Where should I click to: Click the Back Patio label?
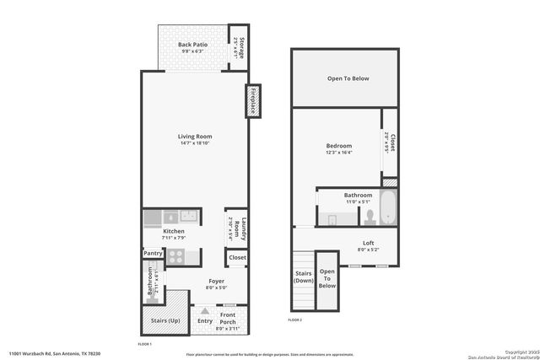pyautogui.click(x=192, y=45)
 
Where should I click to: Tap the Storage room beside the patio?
pyautogui.click(x=240, y=48)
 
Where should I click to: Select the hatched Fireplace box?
pyautogui.click(x=251, y=101)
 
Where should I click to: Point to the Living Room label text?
pyautogui.click(x=194, y=137)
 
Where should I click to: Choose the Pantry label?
pyautogui.click(x=153, y=253)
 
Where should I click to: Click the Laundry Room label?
pyautogui.click(x=237, y=228)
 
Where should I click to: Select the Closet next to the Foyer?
pyautogui.click(x=237, y=257)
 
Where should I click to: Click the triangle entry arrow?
pyautogui.click(x=203, y=309)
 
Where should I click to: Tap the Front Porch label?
pyautogui.click(x=228, y=320)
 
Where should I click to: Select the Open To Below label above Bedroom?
pyautogui.click(x=348, y=79)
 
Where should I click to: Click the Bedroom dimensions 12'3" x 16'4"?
pyautogui.click(x=339, y=153)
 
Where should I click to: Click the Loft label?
pyautogui.click(x=369, y=243)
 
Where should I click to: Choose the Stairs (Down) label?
pyautogui.click(x=303, y=277)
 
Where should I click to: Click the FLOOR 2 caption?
pyautogui.click(x=294, y=320)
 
